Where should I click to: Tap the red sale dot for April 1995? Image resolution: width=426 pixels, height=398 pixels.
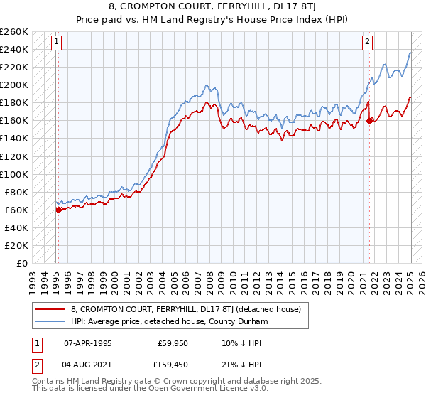[x=58, y=209]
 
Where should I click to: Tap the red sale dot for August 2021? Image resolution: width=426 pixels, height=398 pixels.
[x=369, y=121]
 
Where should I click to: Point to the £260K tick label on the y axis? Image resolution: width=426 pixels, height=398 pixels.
[x=14, y=32]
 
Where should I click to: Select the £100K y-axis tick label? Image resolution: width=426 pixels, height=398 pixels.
[x=14, y=174]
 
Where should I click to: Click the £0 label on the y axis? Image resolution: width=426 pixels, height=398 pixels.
[x=23, y=263]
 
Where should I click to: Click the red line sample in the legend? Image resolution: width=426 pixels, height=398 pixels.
[x=51, y=309]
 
